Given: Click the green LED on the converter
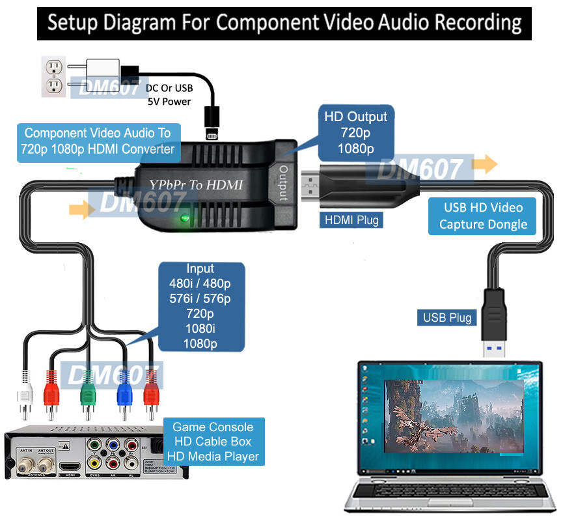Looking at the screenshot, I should click(185, 218).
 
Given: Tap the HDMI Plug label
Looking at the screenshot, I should click(351, 220).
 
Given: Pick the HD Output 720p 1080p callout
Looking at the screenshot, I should click(355, 133).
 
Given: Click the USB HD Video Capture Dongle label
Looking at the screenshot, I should click(482, 216).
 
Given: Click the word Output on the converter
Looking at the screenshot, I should click(284, 185).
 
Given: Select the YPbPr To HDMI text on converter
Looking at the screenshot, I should click(196, 185).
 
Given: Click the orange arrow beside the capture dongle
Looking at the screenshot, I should click(486, 164).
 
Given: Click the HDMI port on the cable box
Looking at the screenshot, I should click(70, 466).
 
